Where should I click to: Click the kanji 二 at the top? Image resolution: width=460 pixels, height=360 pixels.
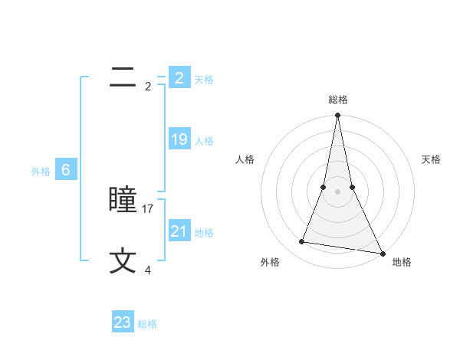pos(123,77)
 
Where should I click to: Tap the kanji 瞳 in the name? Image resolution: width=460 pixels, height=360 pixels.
pos(123,200)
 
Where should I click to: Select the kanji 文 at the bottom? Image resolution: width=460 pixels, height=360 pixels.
pos(123,261)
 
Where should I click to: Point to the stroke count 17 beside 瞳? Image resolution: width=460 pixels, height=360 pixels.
pos(149,208)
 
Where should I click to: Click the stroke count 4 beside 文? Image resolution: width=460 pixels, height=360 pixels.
pos(148,270)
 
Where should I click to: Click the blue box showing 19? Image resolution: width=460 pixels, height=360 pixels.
pos(179,139)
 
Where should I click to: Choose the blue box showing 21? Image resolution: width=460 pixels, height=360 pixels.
pos(179,231)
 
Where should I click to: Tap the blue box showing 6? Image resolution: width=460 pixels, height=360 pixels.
pos(66,171)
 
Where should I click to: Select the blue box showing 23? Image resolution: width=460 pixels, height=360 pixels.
pos(123,322)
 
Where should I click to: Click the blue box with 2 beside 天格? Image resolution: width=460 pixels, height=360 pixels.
pos(179,78)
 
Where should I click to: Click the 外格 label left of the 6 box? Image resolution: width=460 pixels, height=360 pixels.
pos(41,172)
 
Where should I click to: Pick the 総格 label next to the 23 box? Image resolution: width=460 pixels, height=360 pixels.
pos(147,324)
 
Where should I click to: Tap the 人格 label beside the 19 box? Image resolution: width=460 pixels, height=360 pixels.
pos(204,141)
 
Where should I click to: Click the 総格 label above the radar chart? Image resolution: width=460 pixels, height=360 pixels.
pos(337,100)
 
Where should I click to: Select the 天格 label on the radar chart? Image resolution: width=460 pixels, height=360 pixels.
pos(431,159)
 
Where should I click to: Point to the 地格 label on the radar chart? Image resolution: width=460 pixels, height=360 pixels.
pos(402,262)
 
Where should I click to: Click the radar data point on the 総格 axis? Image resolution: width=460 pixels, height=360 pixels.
pos(337,116)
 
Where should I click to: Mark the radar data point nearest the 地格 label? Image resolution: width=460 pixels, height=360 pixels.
pos(382,253)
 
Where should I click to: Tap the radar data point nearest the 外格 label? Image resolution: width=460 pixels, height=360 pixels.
pos(302,242)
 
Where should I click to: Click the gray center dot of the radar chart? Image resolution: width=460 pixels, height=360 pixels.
pos(337,191)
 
